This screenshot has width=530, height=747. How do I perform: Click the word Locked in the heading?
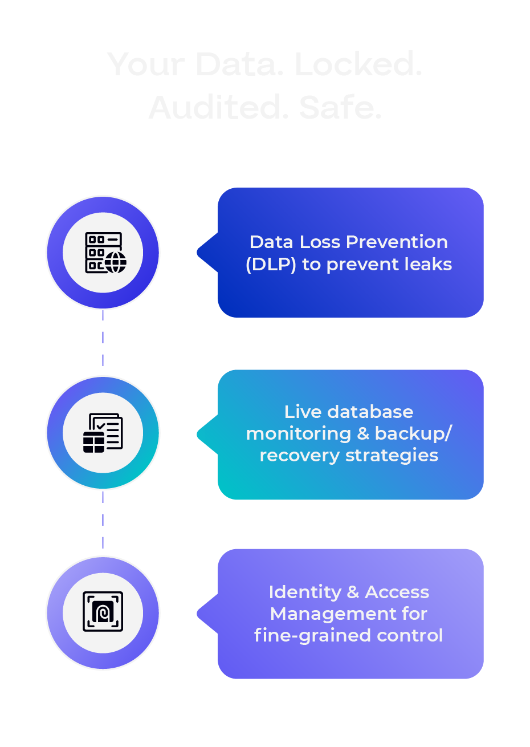coord(358,64)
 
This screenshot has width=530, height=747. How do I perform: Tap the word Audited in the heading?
coord(215,107)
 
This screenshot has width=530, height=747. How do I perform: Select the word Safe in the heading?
coord(340,107)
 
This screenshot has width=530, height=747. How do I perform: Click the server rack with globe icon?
coord(104,253)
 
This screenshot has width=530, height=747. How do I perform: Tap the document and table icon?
coord(103,433)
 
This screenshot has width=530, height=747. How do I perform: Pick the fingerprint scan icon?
coord(103,612)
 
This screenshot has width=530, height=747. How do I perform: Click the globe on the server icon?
coord(116,262)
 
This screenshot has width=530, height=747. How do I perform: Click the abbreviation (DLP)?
coord(271,265)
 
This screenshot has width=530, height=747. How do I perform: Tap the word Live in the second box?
coord(303,412)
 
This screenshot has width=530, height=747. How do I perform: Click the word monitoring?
coord(299,434)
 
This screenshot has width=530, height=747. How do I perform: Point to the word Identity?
coord(305,592)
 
